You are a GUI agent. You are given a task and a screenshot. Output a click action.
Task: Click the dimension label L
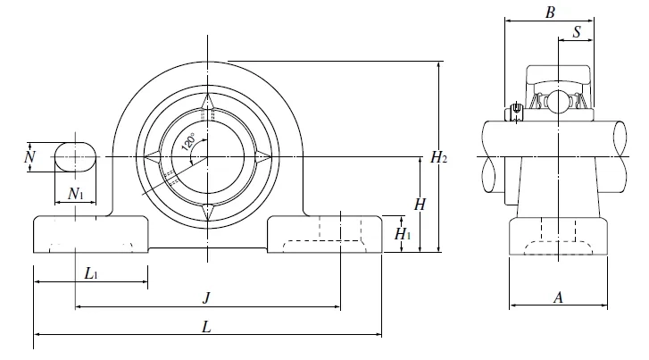(206, 328)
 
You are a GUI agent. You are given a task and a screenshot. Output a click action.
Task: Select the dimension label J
(206, 297)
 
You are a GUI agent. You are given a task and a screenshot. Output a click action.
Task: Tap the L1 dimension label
(91, 273)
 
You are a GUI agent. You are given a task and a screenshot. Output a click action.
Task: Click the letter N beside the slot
(29, 158)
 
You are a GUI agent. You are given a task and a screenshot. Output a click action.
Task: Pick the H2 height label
(438, 158)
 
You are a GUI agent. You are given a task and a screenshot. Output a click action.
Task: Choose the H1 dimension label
(404, 235)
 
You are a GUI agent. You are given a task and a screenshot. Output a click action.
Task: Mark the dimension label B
(551, 13)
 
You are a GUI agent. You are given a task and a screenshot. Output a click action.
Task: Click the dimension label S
(577, 32)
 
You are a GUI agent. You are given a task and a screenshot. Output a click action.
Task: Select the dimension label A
(558, 298)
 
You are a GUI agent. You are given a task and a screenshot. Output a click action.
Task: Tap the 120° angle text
(189, 142)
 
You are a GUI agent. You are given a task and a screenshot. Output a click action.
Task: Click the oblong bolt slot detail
(74, 157)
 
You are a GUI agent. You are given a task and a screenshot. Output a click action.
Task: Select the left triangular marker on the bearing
(153, 157)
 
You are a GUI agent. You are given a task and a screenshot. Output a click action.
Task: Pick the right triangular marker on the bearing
(264, 157)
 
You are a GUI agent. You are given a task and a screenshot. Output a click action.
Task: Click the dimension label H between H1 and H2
(420, 204)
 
